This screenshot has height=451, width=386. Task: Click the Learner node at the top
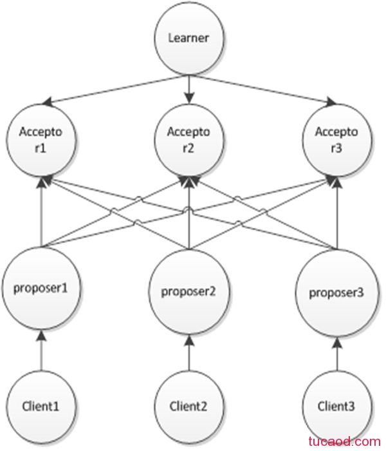(188, 39)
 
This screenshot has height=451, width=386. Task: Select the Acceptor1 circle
(41, 140)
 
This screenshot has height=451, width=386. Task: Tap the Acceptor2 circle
(188, 140)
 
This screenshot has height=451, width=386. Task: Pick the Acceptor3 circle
(337, 140)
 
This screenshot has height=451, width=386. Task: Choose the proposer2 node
(188, 292)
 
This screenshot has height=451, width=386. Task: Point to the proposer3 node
(337, 293)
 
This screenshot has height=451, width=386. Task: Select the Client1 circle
(41, 406)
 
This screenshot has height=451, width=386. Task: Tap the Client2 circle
(188, 406)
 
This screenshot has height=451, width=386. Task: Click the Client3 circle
(337, 406)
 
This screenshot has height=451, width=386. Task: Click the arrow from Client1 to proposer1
(42, 350)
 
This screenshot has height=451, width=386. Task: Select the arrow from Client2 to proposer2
(189, 352)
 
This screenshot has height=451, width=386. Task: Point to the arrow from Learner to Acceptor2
(189, 90)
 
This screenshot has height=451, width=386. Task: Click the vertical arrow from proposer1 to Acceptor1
(42, 212)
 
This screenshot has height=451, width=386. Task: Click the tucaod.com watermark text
(345, 441)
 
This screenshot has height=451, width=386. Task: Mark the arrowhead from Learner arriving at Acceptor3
(332, 102)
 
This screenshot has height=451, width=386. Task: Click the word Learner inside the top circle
(188, 38)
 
